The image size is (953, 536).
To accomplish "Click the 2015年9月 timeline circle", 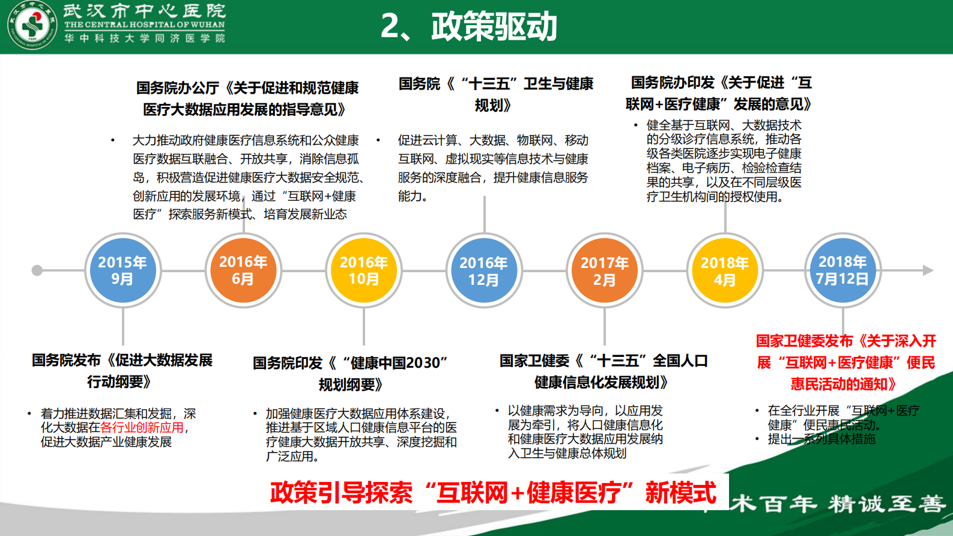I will pyautogui.click(x=123, y=270).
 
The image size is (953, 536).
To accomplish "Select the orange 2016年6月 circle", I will pyautogui.click(x=243, y=270).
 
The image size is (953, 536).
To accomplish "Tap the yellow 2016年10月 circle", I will pyautogui.click(x=364, y=270).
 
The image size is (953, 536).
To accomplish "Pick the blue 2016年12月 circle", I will pyautogui.click(x=484, y=271).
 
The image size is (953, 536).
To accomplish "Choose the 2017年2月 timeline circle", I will pyautogui.click(x=605, y=271).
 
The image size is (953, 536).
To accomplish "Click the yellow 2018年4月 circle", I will pyautogui.click(x=725, y=271).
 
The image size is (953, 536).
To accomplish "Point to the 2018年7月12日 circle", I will pyautogui.click(x=843, y=270).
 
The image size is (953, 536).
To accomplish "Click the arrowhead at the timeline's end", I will pyautogui.click(x=928, y=270).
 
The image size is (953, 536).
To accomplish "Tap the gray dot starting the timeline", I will pyautogui.click(x=37, y=270).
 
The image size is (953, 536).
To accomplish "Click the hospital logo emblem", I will pyautogui.click(x=32, y=26).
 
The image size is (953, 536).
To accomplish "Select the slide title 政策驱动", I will pyautogui.click(x=494, y=26).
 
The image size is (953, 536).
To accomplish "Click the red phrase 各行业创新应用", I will pyautogui.click(x=142, y=427).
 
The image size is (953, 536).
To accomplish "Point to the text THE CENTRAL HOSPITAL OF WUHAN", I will pyautogui.click(x=144, y=25).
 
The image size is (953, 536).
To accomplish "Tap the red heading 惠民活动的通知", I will pyautogui.click(x=843, y=384).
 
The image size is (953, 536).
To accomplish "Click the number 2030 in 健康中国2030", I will pyautogui.click(x=423, y=363).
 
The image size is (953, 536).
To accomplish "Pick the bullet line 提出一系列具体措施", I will pyautogui.click(x=821, y=439).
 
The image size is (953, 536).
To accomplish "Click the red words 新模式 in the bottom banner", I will pyautogui.click(x=681, y=493).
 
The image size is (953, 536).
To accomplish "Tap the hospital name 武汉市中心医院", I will pyautogui.click(x=144, y=10).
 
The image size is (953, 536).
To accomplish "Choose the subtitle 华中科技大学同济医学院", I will pyautogui.click(x=144, y=38).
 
